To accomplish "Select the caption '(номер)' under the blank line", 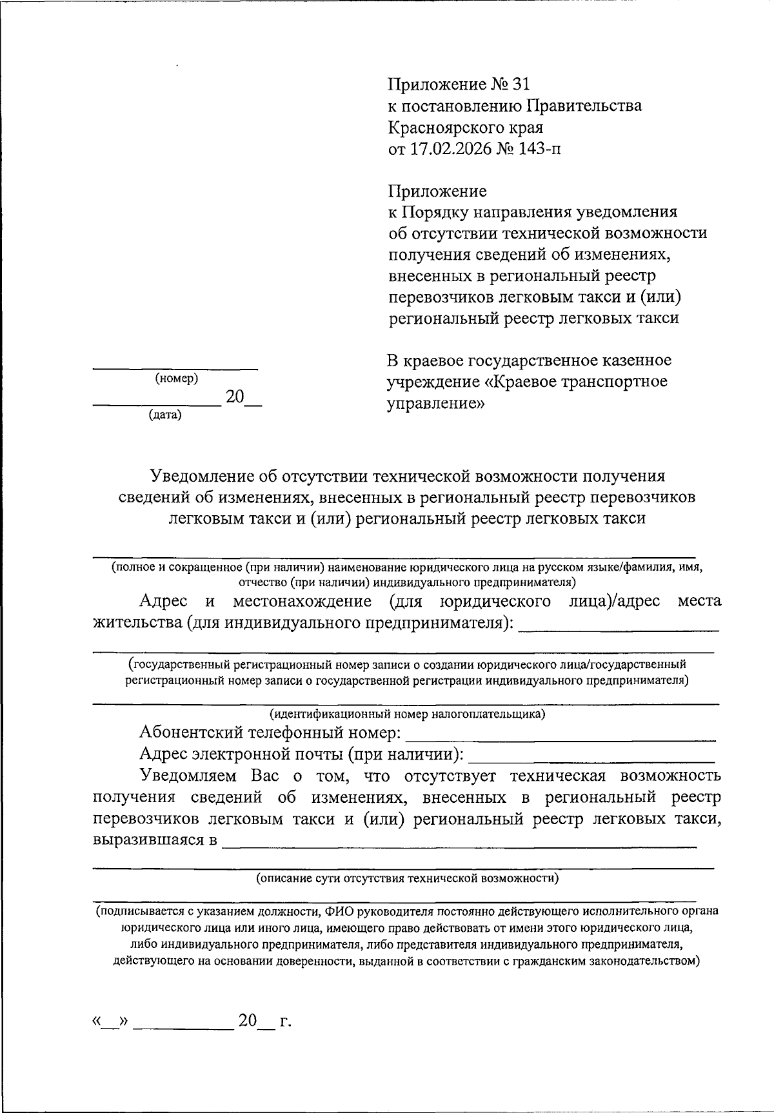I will tap(176, 379).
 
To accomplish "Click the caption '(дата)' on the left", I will tap(165, 416).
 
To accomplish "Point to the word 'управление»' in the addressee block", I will tap(435, 404).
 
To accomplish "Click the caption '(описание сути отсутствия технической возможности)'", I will tap(407, 878).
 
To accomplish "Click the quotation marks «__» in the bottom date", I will tap(111, 1022).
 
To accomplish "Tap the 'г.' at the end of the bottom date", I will tap(285, 1021).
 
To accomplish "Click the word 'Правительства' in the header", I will tap(584, 106).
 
